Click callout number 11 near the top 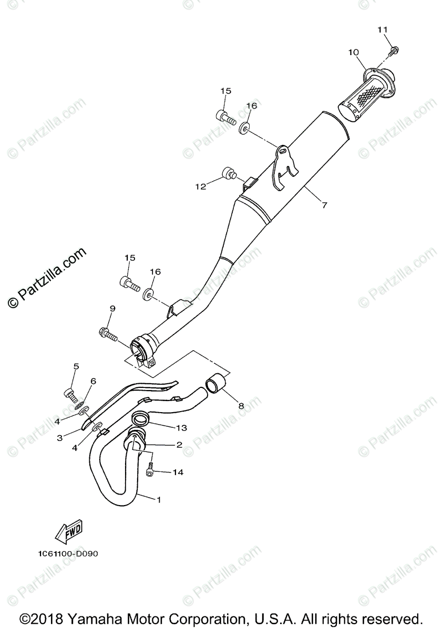tap(382, 30)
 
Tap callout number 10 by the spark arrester tap(353, 52)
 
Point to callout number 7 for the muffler tap(324, 205)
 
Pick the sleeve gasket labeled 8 tap(217, 383)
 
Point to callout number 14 tap(178, 472)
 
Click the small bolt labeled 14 tap(150, 470)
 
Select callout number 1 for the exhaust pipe tap(158, 500)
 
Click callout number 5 tap(76, 366)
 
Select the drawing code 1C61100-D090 tap(68, 553)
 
